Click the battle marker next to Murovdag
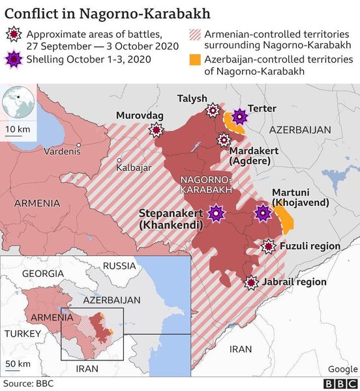156,130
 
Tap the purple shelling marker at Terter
240,117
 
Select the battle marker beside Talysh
213,110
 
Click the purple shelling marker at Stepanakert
216,213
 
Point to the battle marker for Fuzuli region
268,246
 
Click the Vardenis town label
62,151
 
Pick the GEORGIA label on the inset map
43,274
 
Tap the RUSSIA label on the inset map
119,266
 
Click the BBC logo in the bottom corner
340,384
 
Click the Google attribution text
343,369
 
